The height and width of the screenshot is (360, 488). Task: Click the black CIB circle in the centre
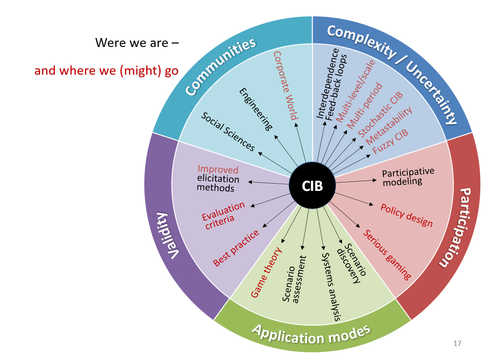[312, 186]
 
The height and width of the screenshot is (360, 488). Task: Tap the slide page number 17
[457, 343]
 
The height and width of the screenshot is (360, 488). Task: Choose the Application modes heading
[311, 334]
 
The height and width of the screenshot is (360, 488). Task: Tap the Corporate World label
[286, 86]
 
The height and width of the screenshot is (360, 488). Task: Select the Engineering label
[256, 109]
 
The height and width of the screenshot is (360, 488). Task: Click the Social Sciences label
[228, 132]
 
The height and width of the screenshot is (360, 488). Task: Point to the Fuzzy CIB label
[390, 142]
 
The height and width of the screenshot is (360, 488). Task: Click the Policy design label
[406, 215]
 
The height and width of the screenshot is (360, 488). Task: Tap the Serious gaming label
[387, 255]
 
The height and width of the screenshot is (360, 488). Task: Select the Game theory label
[266, 272]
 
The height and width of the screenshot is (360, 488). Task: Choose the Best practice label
[236, 248]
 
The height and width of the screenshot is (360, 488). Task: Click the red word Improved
[218, 169]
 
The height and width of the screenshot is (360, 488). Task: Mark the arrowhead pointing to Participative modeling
[375, 180]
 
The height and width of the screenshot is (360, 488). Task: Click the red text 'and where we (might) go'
[106, 71]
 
